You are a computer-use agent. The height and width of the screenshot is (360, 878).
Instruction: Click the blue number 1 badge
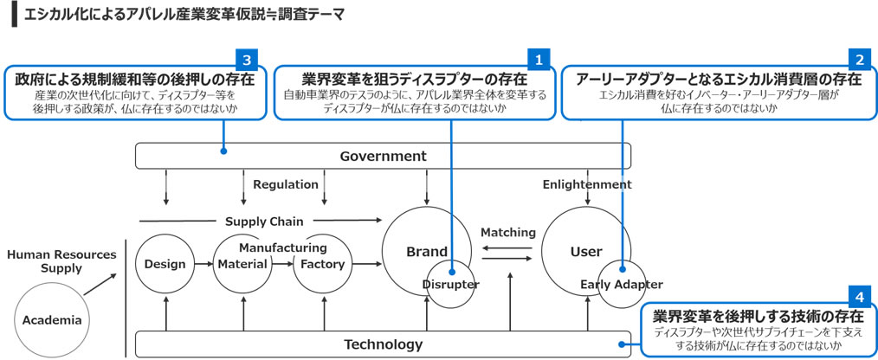pos(539,60)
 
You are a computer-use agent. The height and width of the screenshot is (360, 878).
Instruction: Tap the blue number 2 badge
pos(860,60)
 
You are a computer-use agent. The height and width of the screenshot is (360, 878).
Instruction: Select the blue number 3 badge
pos(247,60)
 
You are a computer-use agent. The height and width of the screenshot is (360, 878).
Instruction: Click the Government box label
pos(383,157)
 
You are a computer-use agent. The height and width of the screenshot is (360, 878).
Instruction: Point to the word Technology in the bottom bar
pos(383,344)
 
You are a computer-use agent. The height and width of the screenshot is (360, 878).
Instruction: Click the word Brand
pos(427,252)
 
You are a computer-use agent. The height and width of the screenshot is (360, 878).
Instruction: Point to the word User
pos(586,252)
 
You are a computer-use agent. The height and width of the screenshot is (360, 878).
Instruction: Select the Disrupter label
pos(451,285)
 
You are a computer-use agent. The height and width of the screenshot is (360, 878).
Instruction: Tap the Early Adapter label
pos(622,285)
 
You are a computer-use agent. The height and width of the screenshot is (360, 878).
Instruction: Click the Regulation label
pos(286,184)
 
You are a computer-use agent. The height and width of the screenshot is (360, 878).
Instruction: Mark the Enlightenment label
pos(587,184)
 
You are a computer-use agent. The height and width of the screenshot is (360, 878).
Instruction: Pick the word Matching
pos(508,232)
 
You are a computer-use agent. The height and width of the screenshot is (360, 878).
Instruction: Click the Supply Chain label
pos(264,222)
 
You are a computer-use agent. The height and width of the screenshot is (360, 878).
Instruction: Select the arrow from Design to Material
pos(203,264)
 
